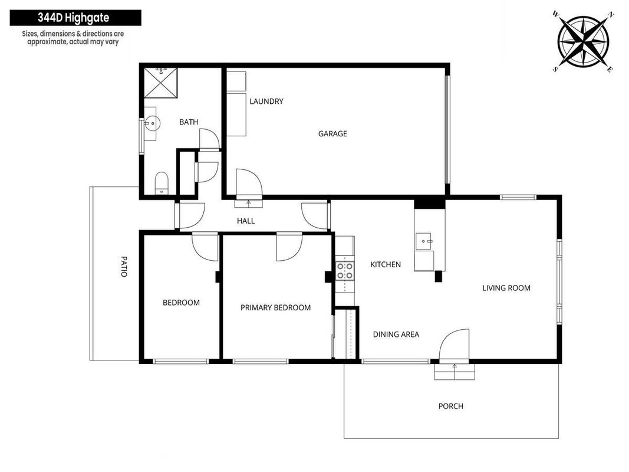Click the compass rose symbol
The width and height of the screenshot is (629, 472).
click(583, 41)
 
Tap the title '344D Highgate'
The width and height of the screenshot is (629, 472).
click(74, 18)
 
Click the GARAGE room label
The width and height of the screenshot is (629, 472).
click(332, 134)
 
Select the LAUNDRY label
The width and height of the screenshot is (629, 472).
click(266, 101)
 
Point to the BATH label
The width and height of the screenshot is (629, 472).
click(189, 122)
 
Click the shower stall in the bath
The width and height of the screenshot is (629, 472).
click(160, 83)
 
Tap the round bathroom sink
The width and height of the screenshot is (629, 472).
click(152, 123)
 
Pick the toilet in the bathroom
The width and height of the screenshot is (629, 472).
click(162, 183)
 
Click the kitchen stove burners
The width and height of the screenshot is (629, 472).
click(345, 271)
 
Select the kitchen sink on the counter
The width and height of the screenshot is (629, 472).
click(424, 241)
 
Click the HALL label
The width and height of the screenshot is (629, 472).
click(246, 221)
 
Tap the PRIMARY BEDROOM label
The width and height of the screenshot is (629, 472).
click(275, 308)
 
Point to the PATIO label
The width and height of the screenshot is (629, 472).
click(124, 267)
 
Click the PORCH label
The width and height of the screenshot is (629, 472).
click(451, 406)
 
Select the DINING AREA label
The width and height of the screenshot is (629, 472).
click(396, 335)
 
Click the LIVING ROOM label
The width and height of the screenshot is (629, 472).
click(506, 288)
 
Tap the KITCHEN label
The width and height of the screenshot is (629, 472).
click(386, 264)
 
